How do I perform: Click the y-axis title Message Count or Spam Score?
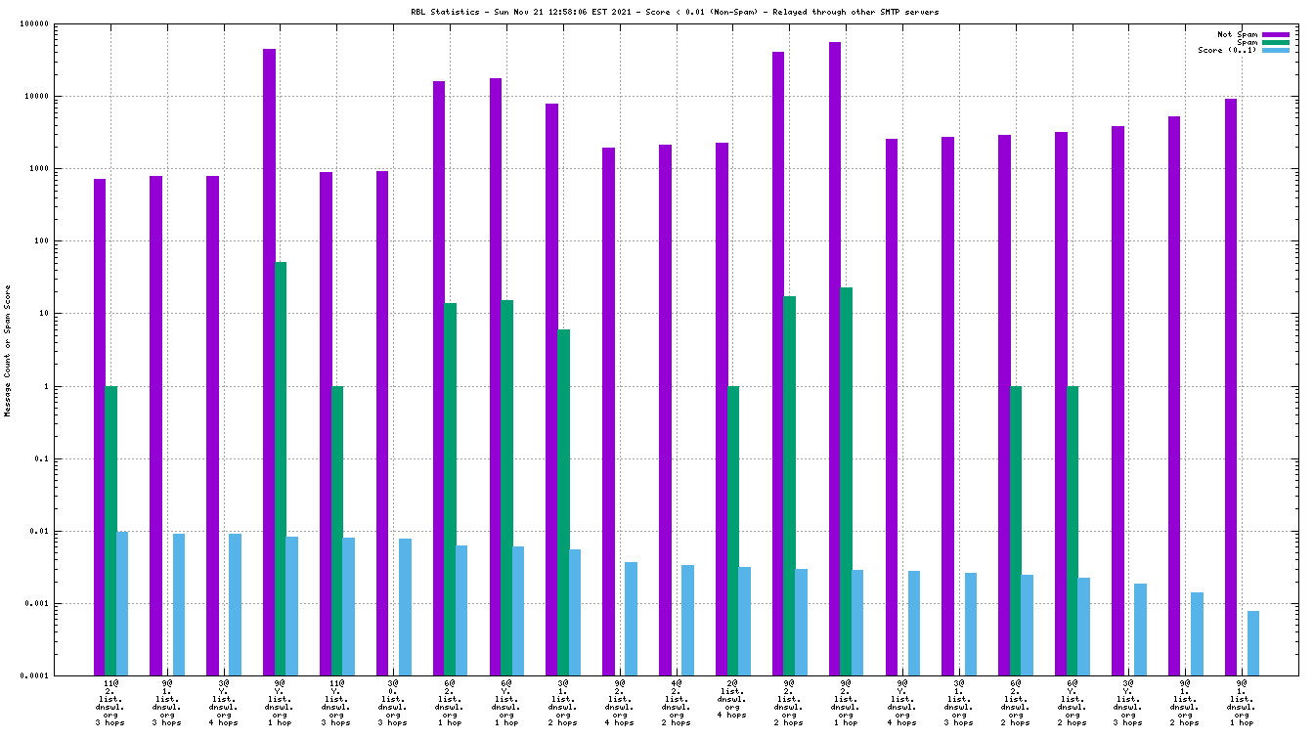8,351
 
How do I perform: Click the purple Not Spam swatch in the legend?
1276,34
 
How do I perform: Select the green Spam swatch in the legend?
1276,42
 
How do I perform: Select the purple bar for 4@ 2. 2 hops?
665,411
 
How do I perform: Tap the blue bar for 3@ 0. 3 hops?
405,607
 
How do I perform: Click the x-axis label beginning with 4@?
677,702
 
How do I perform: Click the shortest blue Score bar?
1253,643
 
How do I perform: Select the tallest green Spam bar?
281,469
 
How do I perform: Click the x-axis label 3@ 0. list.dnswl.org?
393,702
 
